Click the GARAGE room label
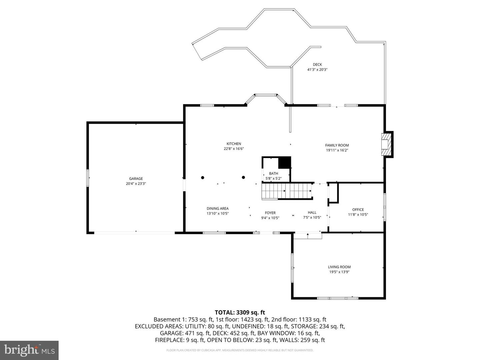(x=136, y=179)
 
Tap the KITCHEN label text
(x=234, y=144)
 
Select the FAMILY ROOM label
(x=337, y=145)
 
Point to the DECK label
(x=317, y=65)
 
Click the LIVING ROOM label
(x=339, y=267)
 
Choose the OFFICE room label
(x=358, y=210)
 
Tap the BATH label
(x=273, y=173)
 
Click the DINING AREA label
(x=218, y=209)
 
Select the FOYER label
(x=270, y=213)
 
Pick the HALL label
(x=312, y=212)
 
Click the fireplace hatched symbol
(x=386, y=144)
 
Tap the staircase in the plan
(x=287, y=191)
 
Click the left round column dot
(x=202, y=177)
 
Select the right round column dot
(x=243, y=177)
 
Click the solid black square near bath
(x=284, y=163)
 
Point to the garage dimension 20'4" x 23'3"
(x=136, y=184)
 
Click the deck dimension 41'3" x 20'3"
(x=317, y=70)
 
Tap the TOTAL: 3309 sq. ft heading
(x=240, y=312)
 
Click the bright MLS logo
(x=29, y=350)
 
